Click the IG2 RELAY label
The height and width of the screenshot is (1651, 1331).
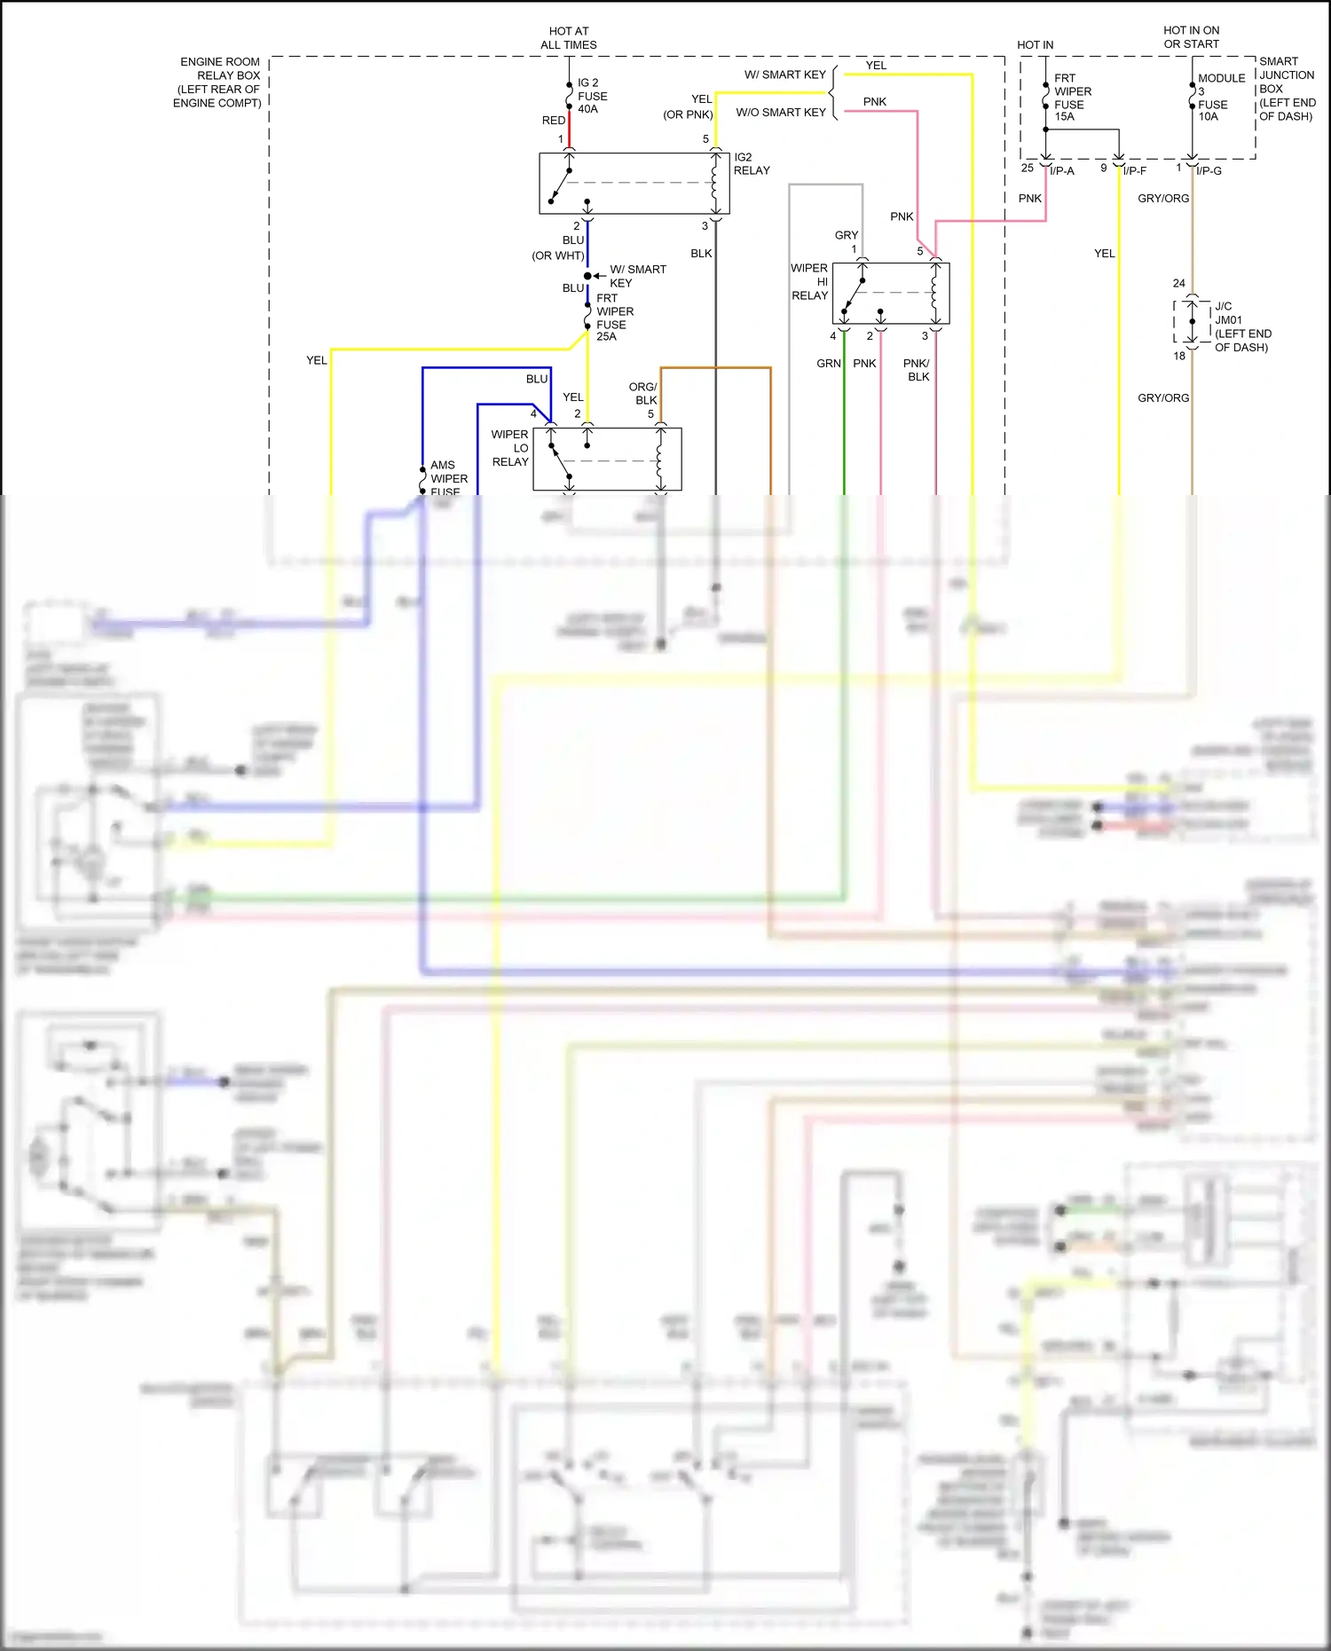(751, 164)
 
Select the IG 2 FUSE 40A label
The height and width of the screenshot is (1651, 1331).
(592, 96)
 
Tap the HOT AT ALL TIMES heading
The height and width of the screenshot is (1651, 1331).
(569, 38)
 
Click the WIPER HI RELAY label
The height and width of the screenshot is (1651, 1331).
(809, 281)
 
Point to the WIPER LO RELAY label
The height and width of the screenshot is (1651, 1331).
(510, 448)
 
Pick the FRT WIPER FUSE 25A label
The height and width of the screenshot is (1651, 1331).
(614, 318)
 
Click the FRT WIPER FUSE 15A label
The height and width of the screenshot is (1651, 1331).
(1072, 98)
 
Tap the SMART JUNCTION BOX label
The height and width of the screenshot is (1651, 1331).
(1286, 89)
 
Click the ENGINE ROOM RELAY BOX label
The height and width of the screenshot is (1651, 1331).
(219, 83)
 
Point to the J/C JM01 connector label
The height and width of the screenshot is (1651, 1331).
(1240, 326)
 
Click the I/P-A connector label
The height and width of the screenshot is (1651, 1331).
(1062, 171)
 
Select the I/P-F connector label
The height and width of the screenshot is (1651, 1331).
(1135, 171)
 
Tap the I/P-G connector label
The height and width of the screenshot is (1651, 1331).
(1209, 171)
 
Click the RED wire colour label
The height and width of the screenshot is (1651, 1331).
(553, 121)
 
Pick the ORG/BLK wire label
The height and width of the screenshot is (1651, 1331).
(643, 394)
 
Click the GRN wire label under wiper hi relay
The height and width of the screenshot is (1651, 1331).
(828, 364)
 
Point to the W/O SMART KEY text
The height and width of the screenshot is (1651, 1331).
(780, 113)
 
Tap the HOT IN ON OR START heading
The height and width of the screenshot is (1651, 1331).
(1191, 37)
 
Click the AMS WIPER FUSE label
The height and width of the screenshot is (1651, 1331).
(448, 478)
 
